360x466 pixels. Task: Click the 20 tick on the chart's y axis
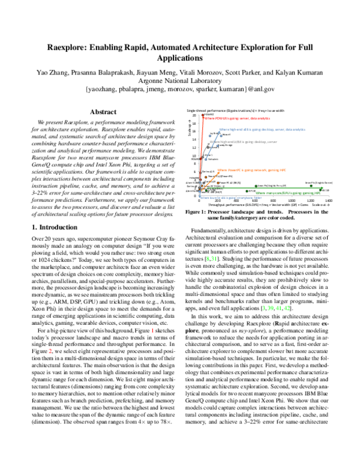tap(194, 115)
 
